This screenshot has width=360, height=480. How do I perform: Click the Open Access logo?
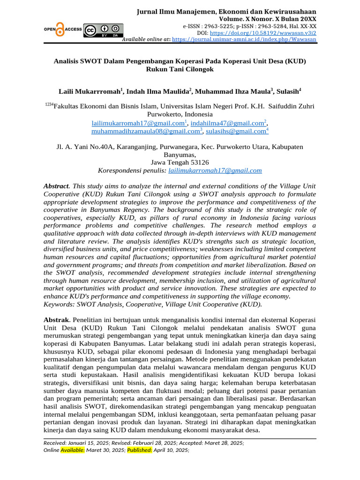coord(63,30)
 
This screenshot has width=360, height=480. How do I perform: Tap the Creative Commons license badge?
coord(103,30)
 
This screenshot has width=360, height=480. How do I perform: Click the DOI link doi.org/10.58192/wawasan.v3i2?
coord(263,33)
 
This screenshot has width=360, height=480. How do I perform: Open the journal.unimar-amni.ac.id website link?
coord(244,40)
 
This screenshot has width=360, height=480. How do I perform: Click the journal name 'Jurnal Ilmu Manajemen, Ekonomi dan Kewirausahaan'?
coord(226,11)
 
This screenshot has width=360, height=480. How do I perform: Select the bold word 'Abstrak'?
coord(56,319)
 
